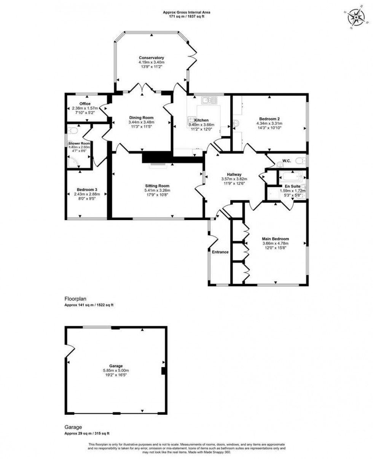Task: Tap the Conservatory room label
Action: [x=151, y=58]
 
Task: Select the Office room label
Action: [x=85, y=104]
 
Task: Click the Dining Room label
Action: [x=141, y=117]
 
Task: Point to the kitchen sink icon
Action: [x=209, y=100]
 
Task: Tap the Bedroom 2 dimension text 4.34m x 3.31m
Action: [x=269, y=123]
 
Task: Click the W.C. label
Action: [x=286, y=161]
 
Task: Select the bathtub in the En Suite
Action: [x=290, y=177]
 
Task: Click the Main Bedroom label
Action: [x=276, y=239]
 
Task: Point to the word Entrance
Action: [x=220, y=252]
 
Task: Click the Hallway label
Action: [x=234, y=174]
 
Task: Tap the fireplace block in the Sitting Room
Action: [x=157, y=158]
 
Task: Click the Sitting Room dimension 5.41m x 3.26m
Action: [x=157, y=190]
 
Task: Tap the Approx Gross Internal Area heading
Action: [x=186, y=12]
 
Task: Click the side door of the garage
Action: [x=69, y=350]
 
